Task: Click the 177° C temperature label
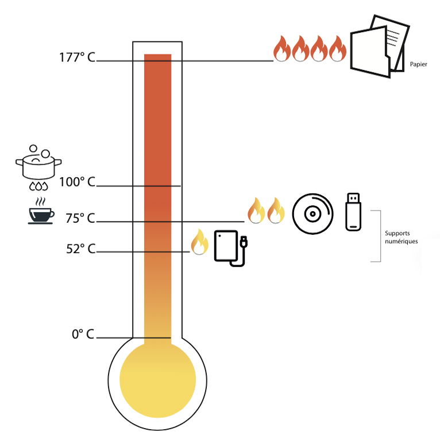coord(76,57)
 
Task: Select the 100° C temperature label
coord(77,182)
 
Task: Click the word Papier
coord(419,64)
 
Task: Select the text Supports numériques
coord(401,238)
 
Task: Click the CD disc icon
coord(312,213)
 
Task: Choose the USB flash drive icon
coord(354,212)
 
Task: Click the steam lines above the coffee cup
coord(40,202)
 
